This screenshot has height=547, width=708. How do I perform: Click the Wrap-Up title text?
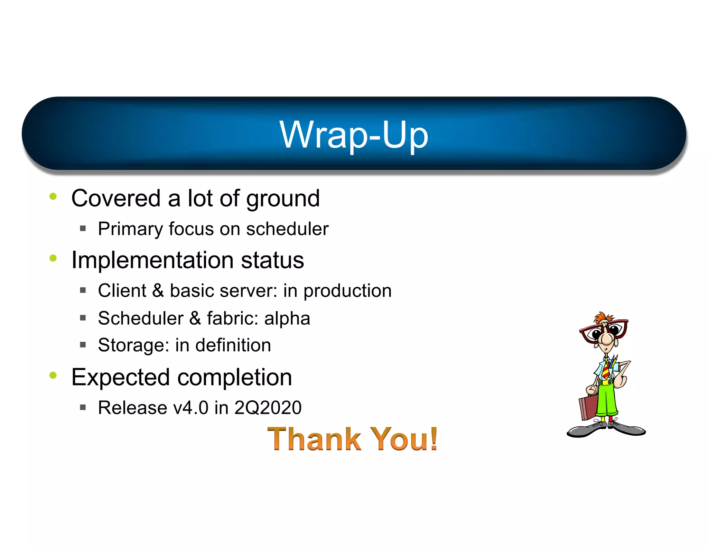pos(354,135)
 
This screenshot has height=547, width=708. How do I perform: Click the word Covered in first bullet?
pos(116,198)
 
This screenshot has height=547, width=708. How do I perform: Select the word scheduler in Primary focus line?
pos(287,229)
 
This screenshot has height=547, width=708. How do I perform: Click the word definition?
pos(233,345)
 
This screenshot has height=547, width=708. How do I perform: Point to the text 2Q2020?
pos(268,407)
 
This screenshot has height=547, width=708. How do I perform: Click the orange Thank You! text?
pos(353,439)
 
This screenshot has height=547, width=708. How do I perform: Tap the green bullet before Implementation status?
pos(53,258)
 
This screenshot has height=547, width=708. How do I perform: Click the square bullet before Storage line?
pos(83,345)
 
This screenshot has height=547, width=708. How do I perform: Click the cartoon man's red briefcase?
pos(588,408)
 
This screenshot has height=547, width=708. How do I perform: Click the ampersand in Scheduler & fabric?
pos(195,318)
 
